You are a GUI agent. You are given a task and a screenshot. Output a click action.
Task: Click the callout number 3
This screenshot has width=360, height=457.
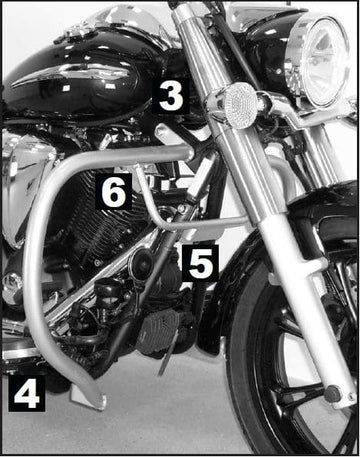(x=171, y=97)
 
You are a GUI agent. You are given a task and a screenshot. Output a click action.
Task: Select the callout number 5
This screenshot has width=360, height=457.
(x=199, y=264)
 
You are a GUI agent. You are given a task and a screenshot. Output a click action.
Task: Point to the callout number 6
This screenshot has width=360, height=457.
(x=113, y=193)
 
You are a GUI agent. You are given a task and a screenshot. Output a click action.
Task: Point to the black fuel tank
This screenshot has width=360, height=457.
(x=80, y=85)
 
